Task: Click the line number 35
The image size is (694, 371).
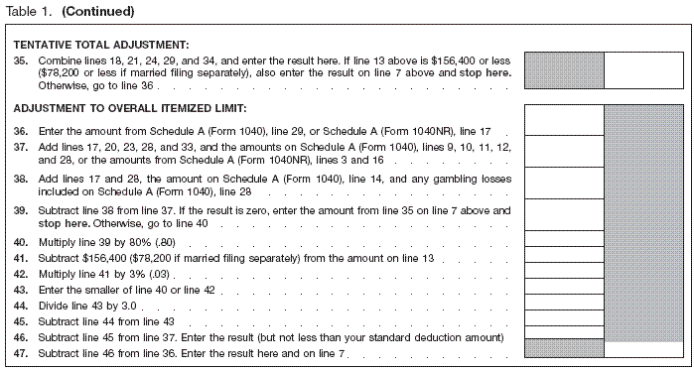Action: (x=20, y=60)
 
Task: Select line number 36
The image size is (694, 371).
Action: (x=20, y=131)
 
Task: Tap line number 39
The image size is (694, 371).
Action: (x=20, y=211)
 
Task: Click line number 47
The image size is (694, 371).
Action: (x=20, y=354)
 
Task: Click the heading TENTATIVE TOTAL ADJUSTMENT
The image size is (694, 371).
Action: (x=102, y=45)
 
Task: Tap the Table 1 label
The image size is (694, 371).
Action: (x=27, y=12)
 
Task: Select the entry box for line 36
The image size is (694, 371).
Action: (x=564, y=120)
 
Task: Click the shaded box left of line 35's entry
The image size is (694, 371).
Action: (x=564, y=71)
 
